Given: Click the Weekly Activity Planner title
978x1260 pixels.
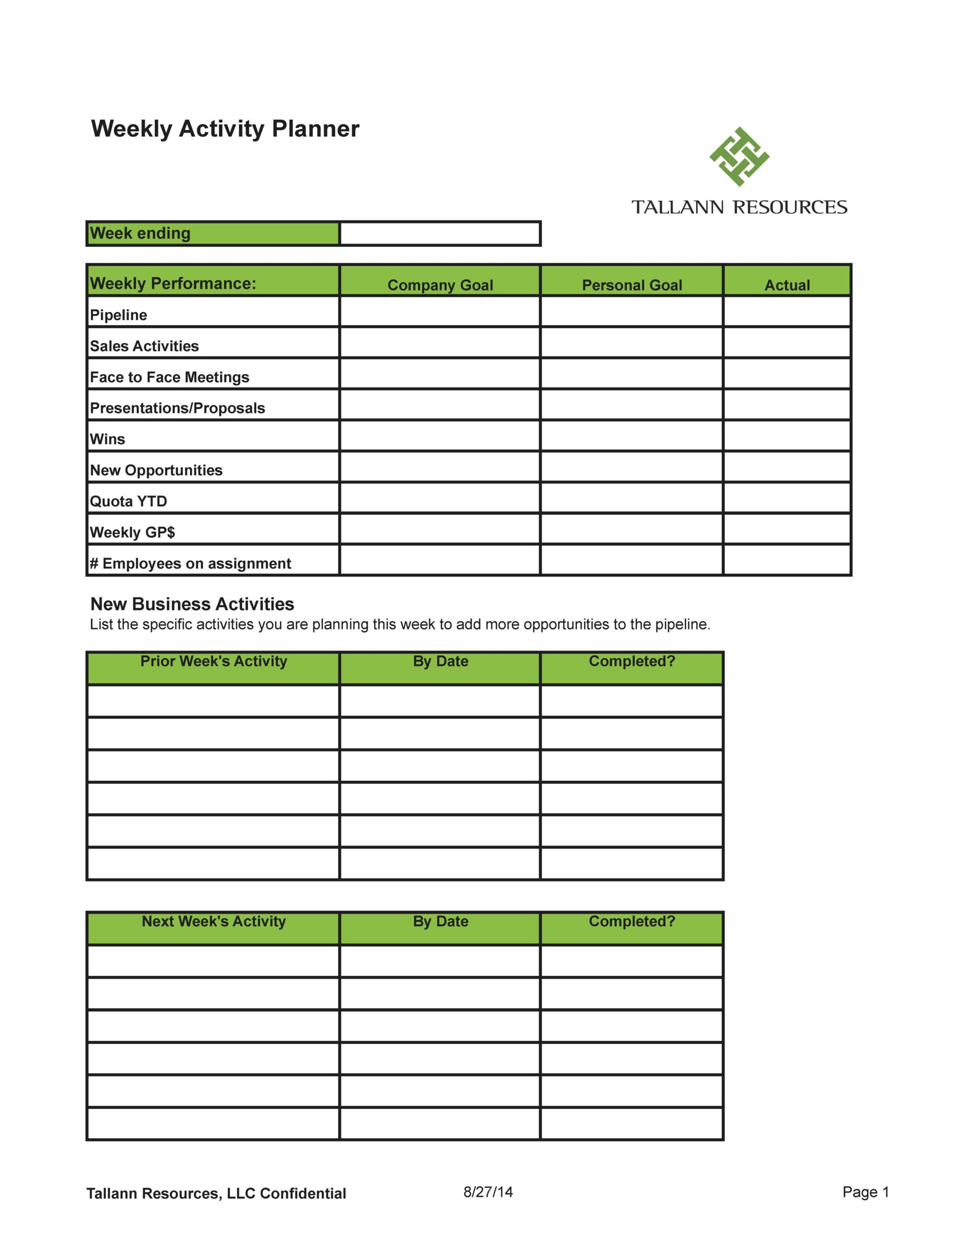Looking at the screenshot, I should [225, 128].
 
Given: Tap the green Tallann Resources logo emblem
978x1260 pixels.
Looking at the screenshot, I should [739, 157].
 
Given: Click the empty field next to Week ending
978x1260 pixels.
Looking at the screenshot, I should [439, 234].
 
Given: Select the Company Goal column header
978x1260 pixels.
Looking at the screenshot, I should [440, 285].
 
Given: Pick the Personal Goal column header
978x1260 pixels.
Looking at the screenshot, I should [632, 285].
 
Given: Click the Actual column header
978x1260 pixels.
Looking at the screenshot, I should [787, 285].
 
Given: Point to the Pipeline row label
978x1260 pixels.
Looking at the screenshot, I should [119, 315].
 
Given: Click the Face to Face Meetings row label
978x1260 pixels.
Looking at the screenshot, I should [170, 378].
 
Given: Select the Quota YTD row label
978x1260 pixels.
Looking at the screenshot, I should [128, 502].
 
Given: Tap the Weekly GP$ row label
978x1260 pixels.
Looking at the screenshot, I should [133, 533].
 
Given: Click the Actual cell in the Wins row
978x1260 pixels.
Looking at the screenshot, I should [787, 436].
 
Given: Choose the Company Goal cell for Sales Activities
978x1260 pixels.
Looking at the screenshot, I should [440, 343].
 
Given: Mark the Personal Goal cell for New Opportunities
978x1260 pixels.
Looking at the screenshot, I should [632, 467].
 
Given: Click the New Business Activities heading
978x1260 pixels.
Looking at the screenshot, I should [192, 604].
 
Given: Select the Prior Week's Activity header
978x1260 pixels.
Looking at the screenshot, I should [214, 661].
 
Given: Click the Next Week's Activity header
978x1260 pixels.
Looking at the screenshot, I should [214, 921].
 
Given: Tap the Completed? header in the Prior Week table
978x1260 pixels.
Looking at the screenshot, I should [632, 661].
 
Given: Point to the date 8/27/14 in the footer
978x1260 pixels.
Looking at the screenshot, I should [488, 1192].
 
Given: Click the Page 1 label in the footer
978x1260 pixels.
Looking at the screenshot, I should [865, 1192].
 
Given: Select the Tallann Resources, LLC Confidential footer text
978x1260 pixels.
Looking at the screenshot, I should [216, 1194].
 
